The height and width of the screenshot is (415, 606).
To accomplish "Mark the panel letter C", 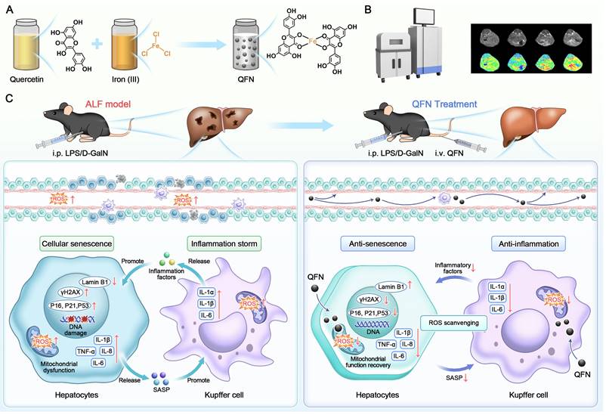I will coord(9,98).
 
